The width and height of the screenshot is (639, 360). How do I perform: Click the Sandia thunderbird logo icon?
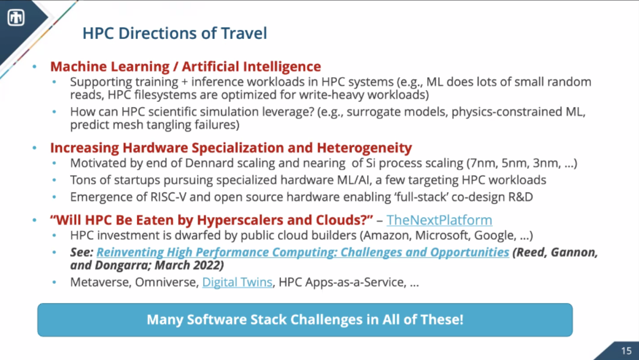click(16, 17)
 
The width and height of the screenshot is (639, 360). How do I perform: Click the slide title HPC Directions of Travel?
click(175, 34)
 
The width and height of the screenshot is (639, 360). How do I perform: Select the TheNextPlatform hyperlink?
click(439, 220)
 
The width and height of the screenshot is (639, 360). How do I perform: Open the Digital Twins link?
click(237, 282)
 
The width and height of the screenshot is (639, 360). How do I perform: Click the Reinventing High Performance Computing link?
click(303, 252)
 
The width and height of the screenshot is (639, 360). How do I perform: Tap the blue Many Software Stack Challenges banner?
click(305, 319)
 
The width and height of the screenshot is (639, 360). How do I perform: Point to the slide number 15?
click(627, 351)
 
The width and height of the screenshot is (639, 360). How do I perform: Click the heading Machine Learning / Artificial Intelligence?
click(185, 66)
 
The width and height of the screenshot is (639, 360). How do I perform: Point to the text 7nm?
click(482, 163)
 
